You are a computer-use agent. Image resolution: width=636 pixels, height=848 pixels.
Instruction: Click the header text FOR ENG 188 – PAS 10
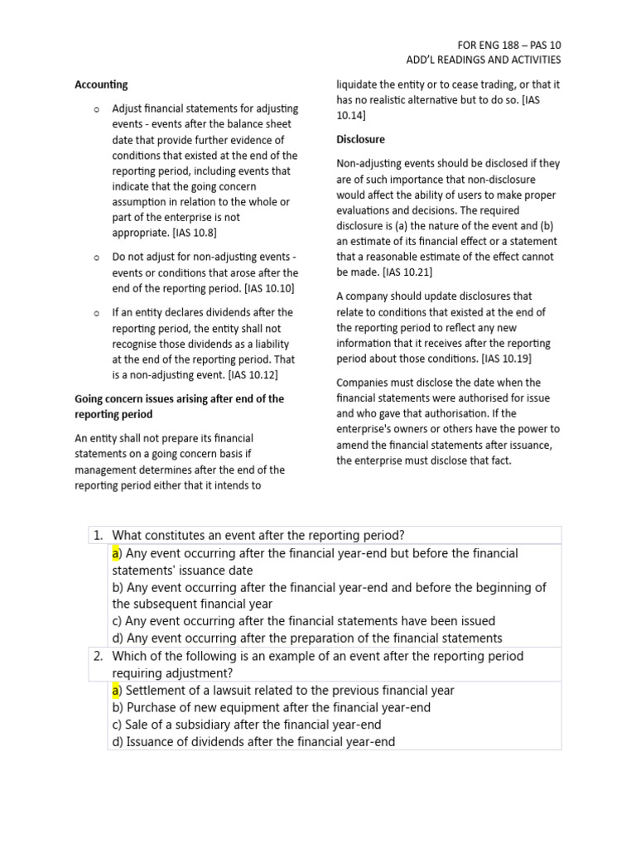point(508,44)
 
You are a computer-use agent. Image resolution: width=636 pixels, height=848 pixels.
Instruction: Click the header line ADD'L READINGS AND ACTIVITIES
point(483,60)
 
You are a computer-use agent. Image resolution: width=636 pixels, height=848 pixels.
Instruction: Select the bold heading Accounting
point(101,84)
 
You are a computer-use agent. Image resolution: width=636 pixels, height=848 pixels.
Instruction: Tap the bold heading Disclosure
point(360,139)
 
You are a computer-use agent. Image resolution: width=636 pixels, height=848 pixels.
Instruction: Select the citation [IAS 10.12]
point(253,374)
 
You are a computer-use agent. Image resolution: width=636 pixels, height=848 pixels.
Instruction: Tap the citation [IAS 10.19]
point(506,359)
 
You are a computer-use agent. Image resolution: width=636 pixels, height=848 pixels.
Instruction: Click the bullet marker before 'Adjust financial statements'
point(96,109)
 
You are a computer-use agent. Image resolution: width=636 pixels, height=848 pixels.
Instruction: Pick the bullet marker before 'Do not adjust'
point(96,258)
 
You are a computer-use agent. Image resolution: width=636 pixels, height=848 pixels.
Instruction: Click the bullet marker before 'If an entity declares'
point(96,313)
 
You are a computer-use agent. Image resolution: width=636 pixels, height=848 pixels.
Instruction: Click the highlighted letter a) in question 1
point(117,553)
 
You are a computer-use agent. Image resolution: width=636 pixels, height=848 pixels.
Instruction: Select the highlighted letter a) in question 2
point(117,690)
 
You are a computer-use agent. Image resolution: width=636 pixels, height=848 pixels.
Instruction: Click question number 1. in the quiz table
point(99,535)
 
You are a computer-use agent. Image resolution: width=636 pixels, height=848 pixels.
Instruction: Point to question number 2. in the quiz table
point(99,656)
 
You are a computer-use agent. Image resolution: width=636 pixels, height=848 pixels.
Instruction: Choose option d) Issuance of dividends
point(253,741)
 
